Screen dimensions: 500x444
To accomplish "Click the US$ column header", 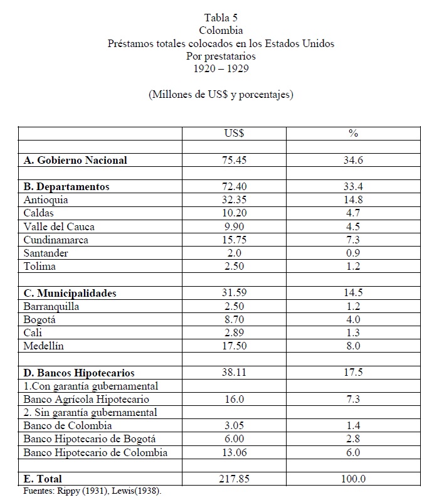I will coord(234,134).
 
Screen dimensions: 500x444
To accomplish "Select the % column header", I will coord(353,134).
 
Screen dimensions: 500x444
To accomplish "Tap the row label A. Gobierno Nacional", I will coord(75,160).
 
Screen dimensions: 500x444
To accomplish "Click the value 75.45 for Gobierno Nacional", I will coord(234,160).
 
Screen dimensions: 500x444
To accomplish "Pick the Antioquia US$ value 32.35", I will coord(234,200).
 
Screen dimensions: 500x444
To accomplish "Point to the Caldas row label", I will coord(39,213).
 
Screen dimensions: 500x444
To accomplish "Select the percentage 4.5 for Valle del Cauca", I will coord(353,226).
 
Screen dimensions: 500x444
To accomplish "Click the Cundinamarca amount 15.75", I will coord(234,240).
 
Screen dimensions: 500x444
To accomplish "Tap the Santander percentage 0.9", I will coord(353,253).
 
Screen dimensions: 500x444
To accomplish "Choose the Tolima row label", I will coord(40,266).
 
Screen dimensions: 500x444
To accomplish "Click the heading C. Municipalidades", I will coord(70,293).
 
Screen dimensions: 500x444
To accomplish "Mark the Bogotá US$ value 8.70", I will coord(234,319).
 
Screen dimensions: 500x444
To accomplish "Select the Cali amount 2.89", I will coord(234,332).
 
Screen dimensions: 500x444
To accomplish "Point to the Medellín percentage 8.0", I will coord(353,346).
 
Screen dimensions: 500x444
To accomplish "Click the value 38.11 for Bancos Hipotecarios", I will coord(234,373).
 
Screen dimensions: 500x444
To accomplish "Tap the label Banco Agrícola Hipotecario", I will coord(86,399).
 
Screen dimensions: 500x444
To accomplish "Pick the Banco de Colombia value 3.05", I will coord(234,425).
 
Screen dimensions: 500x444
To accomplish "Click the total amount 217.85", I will coord(234,479).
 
